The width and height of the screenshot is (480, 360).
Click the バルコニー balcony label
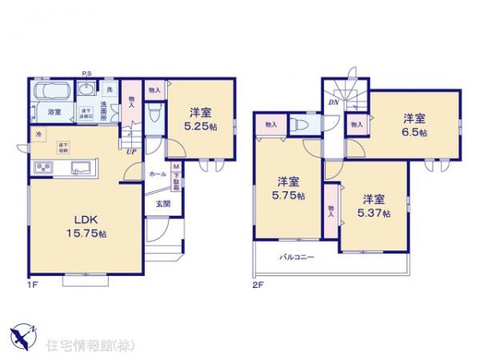click(x=297, y=258)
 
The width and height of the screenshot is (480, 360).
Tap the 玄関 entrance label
click(x=162, y=202)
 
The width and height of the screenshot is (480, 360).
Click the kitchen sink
click(x=81, y=168)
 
